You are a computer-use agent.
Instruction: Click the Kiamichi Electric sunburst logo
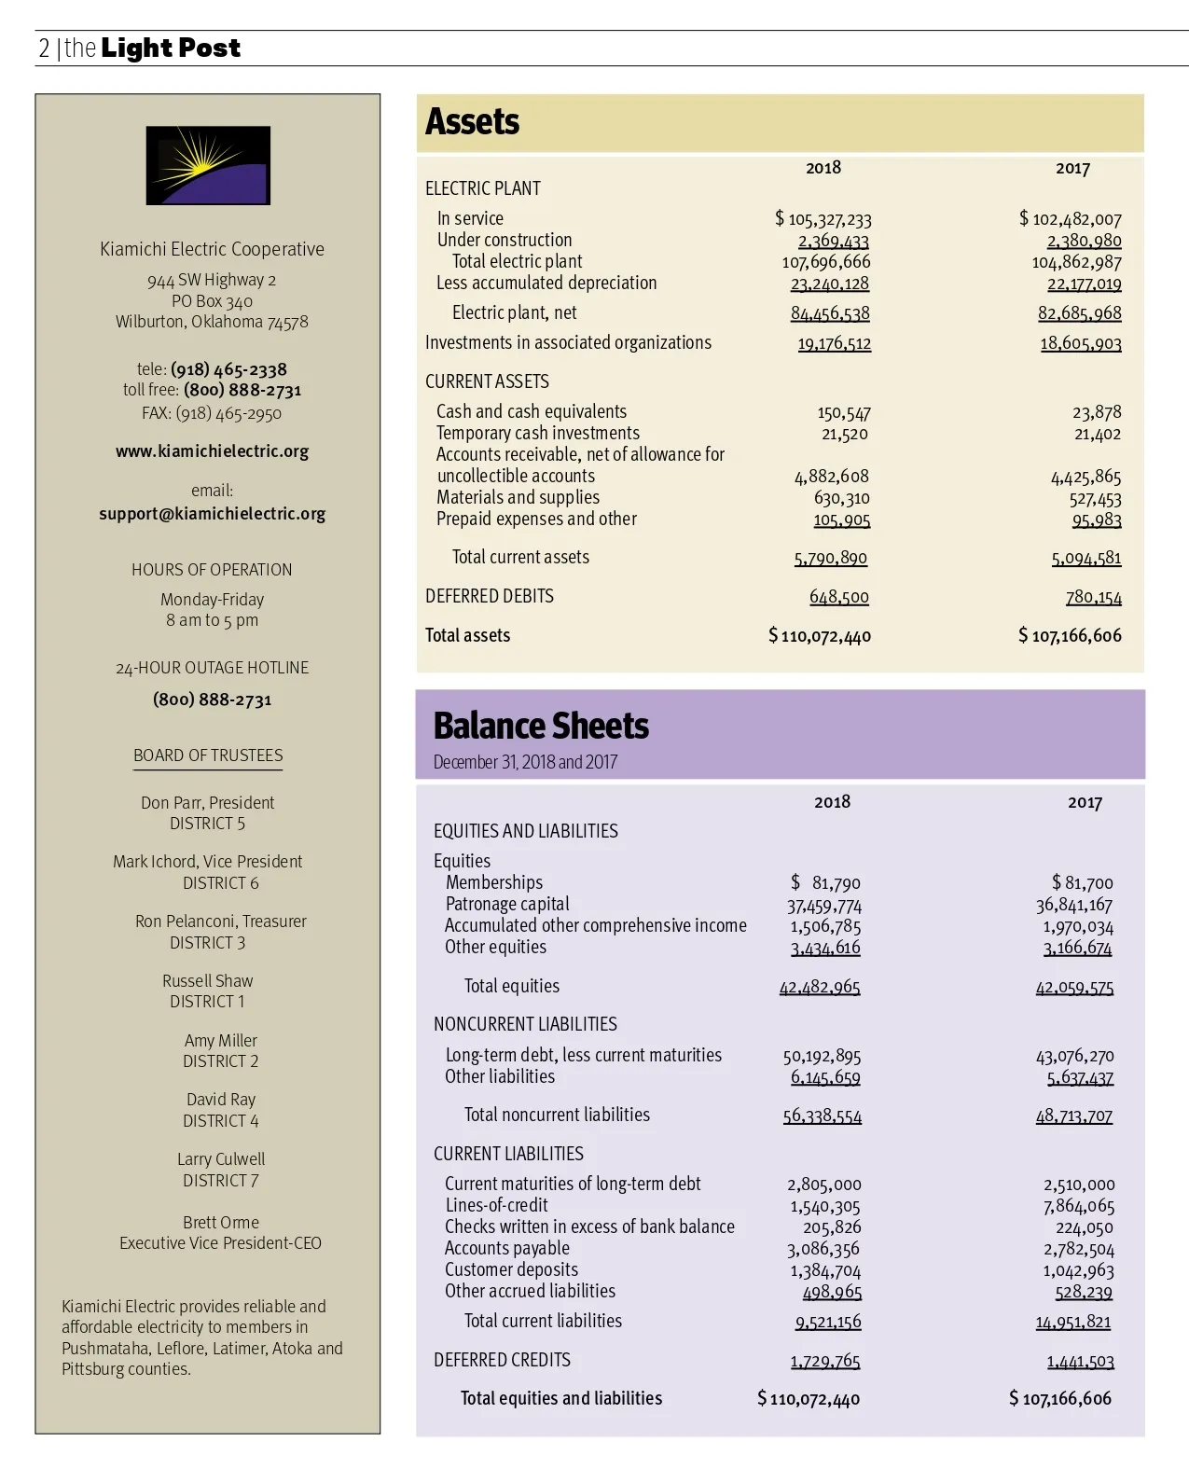click(x=208, y=165)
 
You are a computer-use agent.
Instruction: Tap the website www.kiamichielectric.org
click(x=212, y=451)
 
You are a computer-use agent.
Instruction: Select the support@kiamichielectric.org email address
click(x=212, y=514)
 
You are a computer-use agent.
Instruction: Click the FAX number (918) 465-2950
click(x=212, y=413)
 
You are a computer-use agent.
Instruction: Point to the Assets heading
click(x=472, y=122)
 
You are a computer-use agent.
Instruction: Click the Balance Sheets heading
click(x=541, y=726)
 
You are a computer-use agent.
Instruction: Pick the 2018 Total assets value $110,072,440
click(x=821, y=636)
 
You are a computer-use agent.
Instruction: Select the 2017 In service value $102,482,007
click(x=1071, y=219)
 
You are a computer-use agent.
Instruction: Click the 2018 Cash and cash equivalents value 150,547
click(x=844, y=412)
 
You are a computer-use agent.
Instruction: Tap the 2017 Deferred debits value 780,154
click(x=1094, y=597)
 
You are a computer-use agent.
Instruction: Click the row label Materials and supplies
click(x=518, y=497)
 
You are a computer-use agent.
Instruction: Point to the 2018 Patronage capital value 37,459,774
click(x=824, y=905)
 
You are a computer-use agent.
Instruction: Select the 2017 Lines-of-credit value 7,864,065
click(x=1079, y=1206)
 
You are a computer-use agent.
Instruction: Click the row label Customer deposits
click(x=511, y=1269)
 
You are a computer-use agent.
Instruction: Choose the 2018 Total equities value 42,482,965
click(x=820, y=987)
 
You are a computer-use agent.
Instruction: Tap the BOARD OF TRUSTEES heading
click(x=208, y=755)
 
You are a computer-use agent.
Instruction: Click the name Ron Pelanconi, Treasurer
click(x=221, y=922)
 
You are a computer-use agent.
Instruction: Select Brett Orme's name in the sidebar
click(x=221, y=1223)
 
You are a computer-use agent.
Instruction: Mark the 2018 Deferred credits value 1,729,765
click(x=825, y=1361)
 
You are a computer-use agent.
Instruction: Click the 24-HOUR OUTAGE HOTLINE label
click(x=212, y=668)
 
